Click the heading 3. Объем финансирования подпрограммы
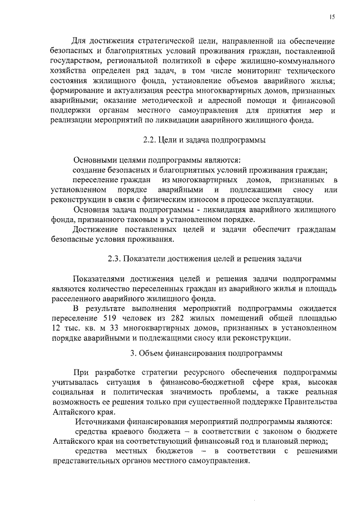[206, 353]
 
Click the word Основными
[97, 160]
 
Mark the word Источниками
[101, 422]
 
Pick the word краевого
[124, 432]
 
